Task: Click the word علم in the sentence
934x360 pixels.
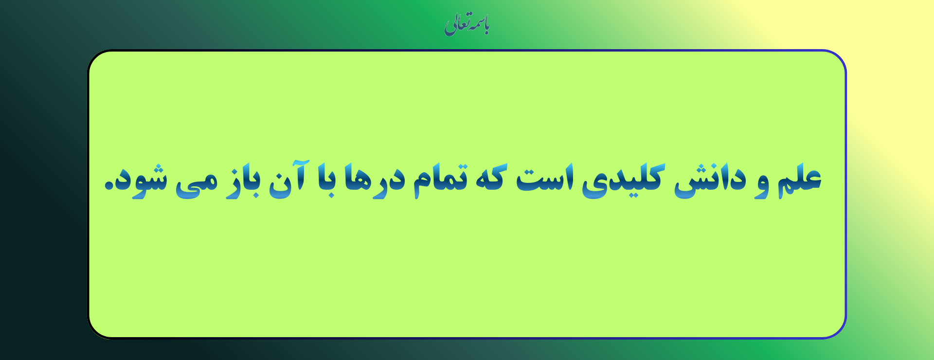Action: (x=799, y=180)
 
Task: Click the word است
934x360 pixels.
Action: (x=545, y=178)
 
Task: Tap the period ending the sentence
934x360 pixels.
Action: (x=109, y=186)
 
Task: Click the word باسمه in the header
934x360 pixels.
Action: (x=479, y=24)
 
